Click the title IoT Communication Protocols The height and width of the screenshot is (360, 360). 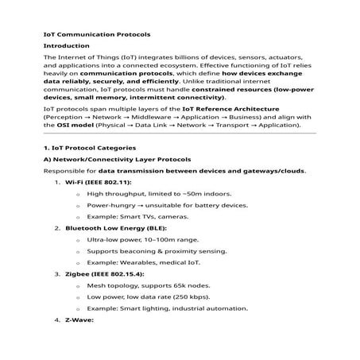tap(96, 35)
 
